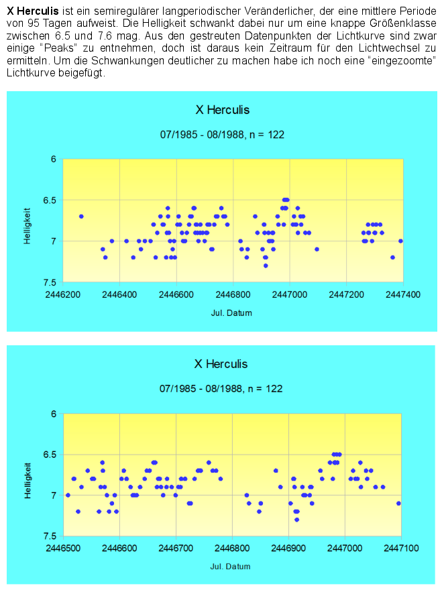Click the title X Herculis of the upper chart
point(222,110)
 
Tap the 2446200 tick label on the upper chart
point(63,294)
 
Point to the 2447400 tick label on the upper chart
point(402,294)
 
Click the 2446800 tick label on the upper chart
point(233,294)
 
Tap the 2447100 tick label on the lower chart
point(401,548)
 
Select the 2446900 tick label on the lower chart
point(288,548)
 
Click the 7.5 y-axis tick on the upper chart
point(50,282)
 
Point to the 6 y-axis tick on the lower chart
point(54,414)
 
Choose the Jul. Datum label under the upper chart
point(231,312)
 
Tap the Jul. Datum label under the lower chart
point(231,567)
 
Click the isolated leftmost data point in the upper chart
point(81,217)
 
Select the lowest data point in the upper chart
point(266,265)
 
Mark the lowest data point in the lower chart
point(296,520)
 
